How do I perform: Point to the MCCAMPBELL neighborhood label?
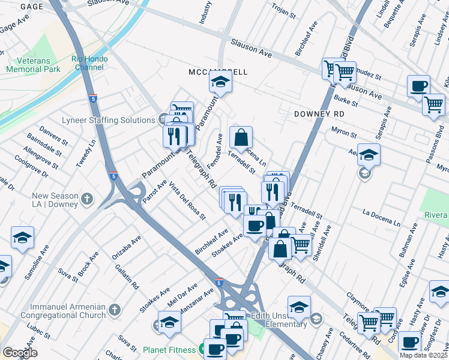pyautogui.click(x=218, y=72)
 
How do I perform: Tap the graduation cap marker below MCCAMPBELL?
pyautogui.click(x=221, y=83)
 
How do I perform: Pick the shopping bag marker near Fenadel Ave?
pyautogui.click(x=241, y=137)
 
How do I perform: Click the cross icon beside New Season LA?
pyautogui.click(x=88, y=199)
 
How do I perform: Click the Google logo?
pyautogui.click(x=19, y=353)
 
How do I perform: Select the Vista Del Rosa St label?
pyautogui.click(x=187, y=200)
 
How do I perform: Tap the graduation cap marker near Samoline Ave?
pyautogui.click(x=22, y=238)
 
